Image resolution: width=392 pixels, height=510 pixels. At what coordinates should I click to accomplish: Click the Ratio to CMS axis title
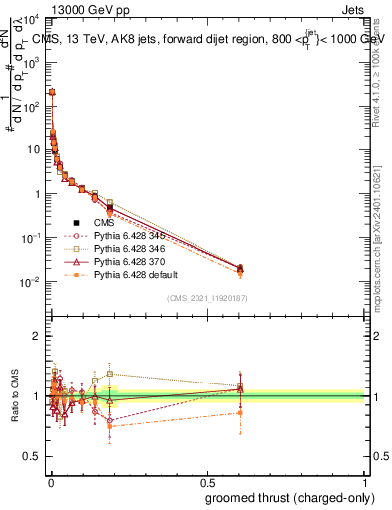pyautogui.click(x=13, y=396)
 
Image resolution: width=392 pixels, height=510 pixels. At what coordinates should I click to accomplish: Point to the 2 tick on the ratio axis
pyautogui.click(x=37, y=336)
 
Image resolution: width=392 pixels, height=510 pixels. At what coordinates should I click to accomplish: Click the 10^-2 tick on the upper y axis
pyautogui.click(x=32, y=282)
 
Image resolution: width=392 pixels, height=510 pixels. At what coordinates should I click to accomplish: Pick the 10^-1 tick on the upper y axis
pyautogui.click(x=32, y=238)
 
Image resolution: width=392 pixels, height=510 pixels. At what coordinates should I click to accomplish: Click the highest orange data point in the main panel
pyautogui.click(x=52, y=92)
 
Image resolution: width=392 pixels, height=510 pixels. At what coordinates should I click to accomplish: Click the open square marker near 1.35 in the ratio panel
pyautogui.click(x=109, y=374)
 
